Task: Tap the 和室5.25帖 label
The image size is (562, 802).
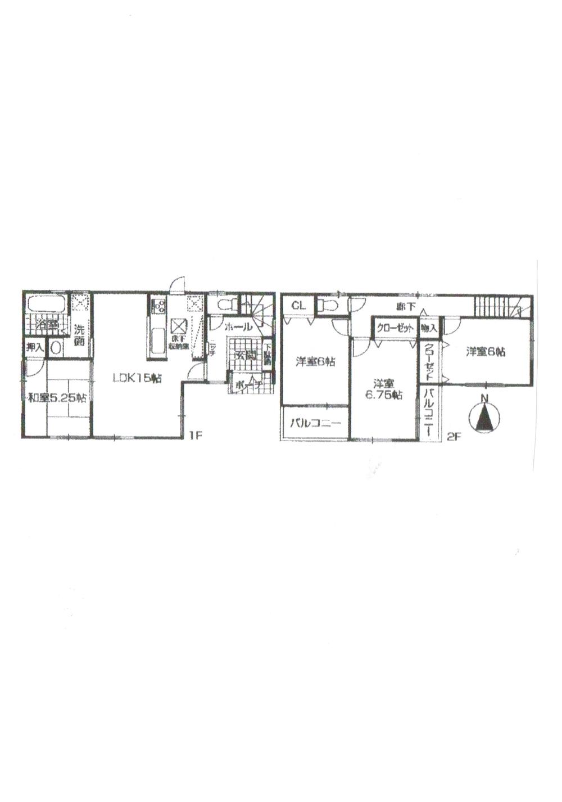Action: click(x=57, y=398)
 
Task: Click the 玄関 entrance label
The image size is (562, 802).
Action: click(x=246, y=356)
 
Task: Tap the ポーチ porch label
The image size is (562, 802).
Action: click(x=246, y=386)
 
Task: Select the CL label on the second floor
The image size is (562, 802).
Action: click(x=298, y=306)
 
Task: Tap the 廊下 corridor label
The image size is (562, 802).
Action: click(x=403, y=307)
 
